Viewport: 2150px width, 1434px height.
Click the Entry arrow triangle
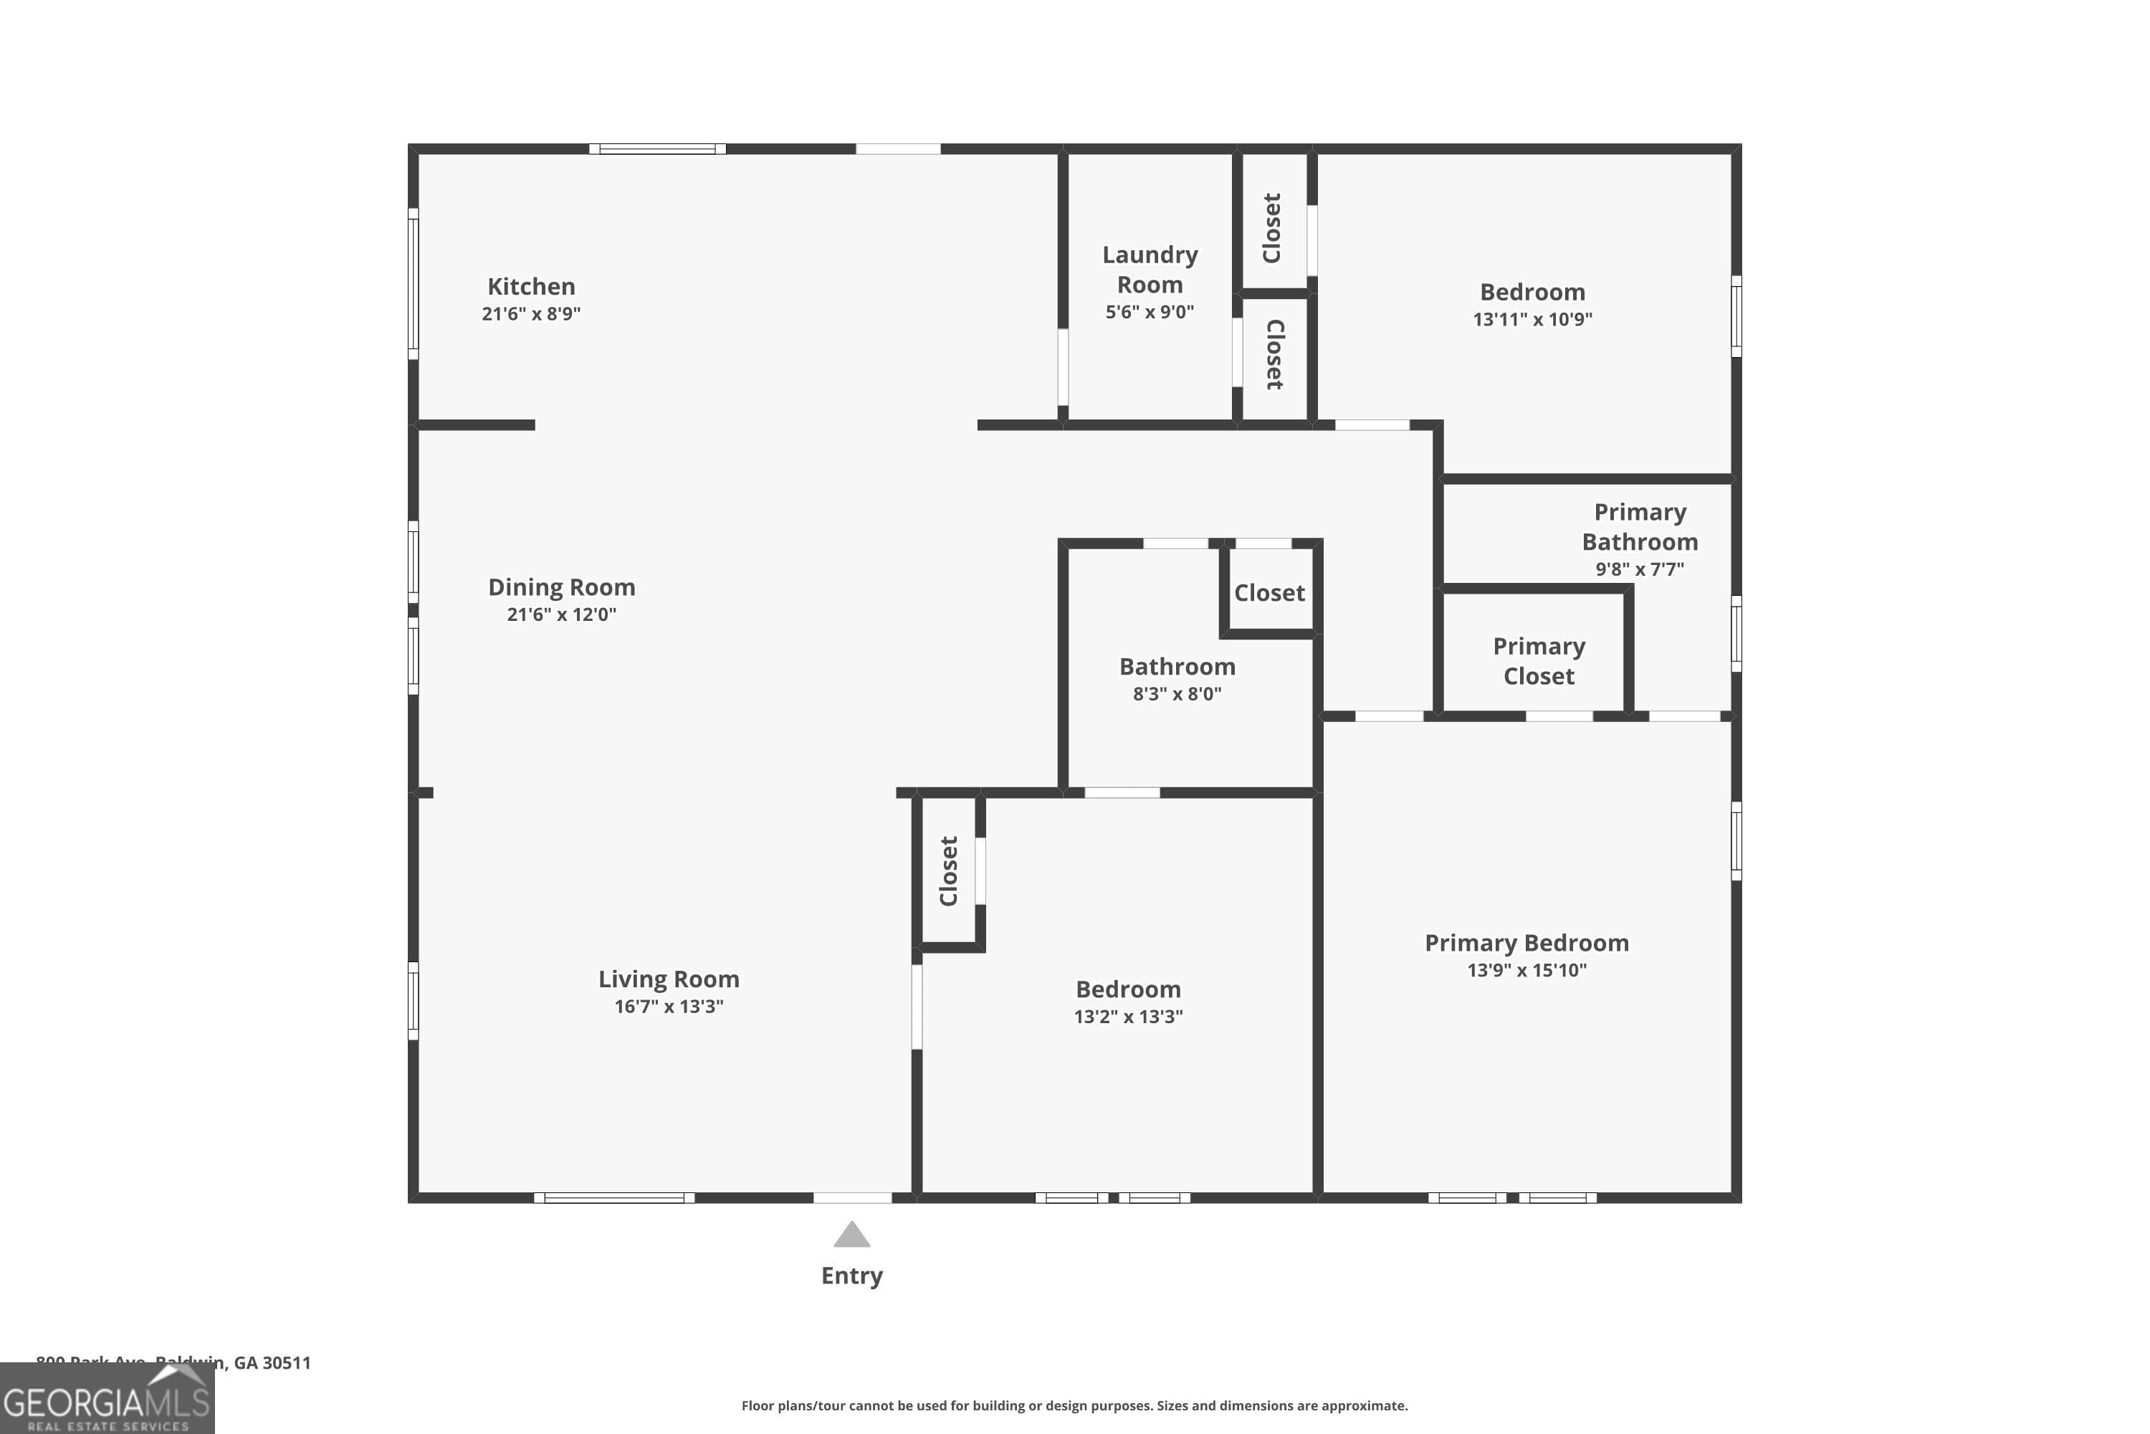(851, 1235)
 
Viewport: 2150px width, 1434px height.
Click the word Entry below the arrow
(851, 1275)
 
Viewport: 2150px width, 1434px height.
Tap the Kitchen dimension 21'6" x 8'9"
(531, 314)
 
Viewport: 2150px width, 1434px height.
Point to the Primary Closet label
(1539, 660)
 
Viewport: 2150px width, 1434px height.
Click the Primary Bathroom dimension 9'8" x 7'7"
(1639, 569)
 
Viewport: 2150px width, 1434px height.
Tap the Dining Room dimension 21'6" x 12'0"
(561, 614)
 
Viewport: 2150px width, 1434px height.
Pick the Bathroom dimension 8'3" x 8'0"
(1177, 693)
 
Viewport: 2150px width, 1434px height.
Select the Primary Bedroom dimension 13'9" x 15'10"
(1526, 969)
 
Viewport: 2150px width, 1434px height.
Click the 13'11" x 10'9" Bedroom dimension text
(1532, 319)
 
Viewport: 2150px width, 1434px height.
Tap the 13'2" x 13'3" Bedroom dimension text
(1128, 1016)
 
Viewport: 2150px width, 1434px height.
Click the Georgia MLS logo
(107, 1400)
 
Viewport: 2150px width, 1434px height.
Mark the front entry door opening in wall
(852, 1197)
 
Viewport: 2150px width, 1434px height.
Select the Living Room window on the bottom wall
(613, 1197)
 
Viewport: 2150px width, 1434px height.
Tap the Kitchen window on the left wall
(414, 283)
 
